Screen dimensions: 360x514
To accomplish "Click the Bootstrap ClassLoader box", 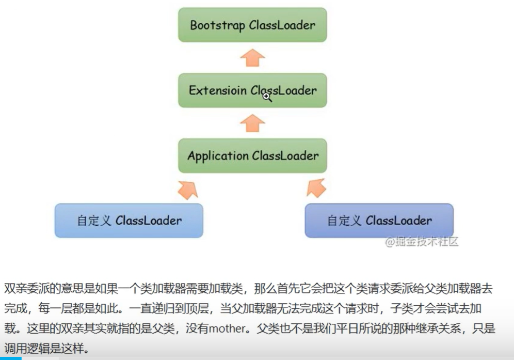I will [252, 25].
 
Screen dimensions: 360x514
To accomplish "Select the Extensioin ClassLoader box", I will [252, 90].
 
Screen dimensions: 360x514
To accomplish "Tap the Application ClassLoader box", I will [252, 155].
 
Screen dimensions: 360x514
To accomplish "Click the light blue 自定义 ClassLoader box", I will [128, 221].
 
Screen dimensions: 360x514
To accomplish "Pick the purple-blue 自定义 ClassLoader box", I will [379, 221].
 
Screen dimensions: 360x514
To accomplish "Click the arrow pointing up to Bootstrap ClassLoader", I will [252, 57].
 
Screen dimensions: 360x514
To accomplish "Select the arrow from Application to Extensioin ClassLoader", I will [252, 123].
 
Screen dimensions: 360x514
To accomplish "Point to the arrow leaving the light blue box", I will [187, 189].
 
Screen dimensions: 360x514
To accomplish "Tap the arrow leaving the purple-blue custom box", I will [316, 188].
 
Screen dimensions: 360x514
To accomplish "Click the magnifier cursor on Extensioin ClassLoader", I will [267, 96].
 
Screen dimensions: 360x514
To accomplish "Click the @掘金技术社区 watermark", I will [421, 242].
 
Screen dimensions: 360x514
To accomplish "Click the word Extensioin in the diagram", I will [216, 90].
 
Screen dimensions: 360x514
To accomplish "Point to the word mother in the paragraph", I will [229, 330].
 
